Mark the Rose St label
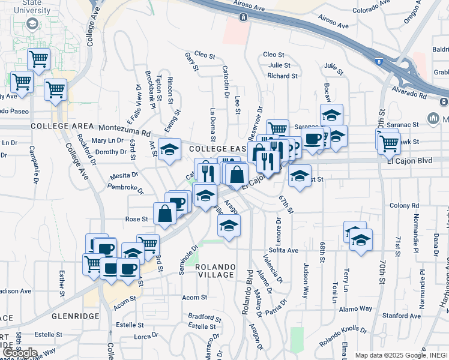136,219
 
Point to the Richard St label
282,76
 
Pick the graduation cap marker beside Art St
170,149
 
